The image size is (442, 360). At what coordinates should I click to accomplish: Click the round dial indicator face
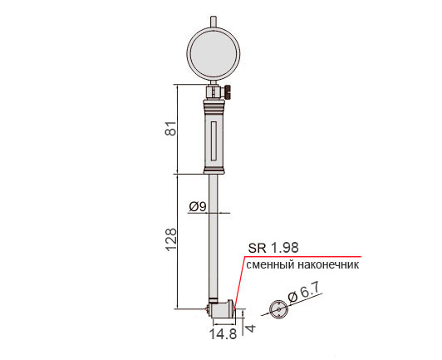point(214,53)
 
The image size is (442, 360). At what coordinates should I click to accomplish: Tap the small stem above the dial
point(214,22)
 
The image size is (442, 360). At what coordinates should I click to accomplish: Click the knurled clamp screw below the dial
point(228,91)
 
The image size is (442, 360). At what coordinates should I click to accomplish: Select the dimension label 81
point(170,129)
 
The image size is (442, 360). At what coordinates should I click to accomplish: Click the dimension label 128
point(170,239)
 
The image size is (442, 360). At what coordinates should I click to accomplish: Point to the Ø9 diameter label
point(198,207)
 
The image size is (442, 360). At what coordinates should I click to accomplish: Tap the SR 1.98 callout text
point(273,248)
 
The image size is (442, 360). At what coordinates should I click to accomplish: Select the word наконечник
point(328,265)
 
